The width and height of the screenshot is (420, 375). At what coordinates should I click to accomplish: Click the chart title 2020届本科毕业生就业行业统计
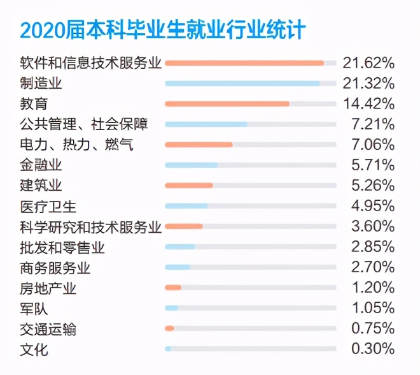[x=163, y=31]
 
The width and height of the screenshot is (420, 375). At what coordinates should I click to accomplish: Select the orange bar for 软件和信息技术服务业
[x=244, y=62]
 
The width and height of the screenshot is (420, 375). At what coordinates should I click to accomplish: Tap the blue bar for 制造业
[x=242, y=83]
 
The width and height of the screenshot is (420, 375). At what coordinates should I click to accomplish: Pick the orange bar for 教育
[x=227, y=103]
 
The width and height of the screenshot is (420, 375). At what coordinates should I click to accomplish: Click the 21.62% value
[x=368, y=62]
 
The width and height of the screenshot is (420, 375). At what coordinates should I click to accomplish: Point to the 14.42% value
[x=368, y=103]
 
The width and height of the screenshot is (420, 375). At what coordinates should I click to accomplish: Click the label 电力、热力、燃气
[x=76, y=145]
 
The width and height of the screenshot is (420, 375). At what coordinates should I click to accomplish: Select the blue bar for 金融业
[x=191, y=165]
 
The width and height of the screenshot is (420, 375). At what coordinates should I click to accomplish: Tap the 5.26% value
[x=372, y=186]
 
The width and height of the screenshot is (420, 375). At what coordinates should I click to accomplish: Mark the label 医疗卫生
[x=48, y=206]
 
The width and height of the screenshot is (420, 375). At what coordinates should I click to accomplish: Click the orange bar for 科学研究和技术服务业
[x=183, y=226]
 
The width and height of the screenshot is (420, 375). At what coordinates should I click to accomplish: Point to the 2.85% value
[x=372, y=247]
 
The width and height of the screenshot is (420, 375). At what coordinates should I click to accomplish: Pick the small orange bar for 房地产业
[x=172, y=288]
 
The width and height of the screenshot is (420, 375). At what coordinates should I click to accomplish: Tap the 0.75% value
[x=372, y=328]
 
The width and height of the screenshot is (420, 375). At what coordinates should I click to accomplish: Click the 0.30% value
[x=372, y=349]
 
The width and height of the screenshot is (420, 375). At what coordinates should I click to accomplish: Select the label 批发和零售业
[x=62, y=247]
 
